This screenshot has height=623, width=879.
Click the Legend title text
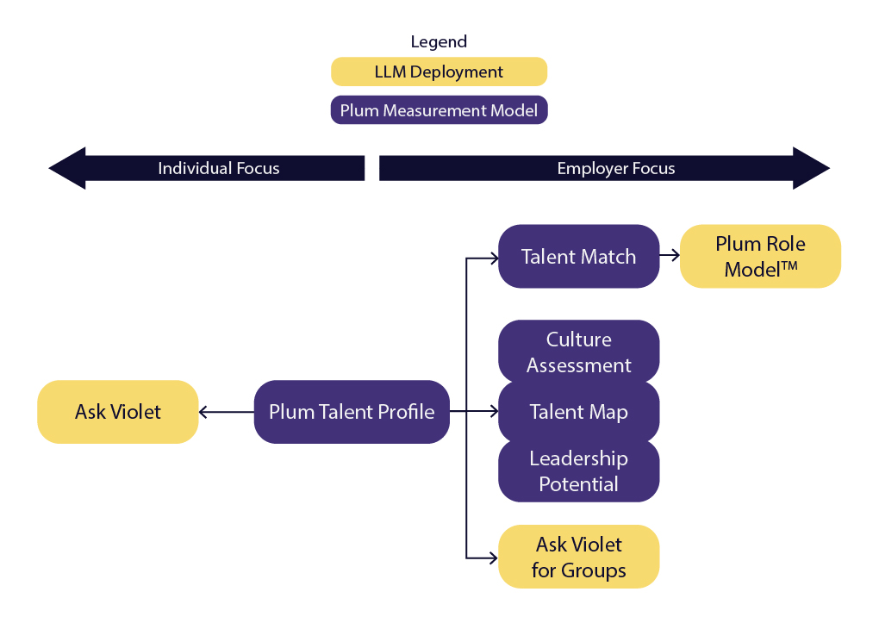[439, 41]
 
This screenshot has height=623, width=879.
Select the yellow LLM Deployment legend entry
[439, 72]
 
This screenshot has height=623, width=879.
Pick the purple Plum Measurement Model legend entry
[439, 110]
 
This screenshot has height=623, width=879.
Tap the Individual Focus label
[218, 168]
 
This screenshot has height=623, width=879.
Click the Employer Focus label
[615, 168]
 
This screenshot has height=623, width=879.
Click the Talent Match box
[578, 257]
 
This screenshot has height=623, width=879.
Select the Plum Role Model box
[760, 257]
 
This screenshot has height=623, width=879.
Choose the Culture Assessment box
[578, 352]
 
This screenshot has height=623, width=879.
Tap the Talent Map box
[578, 412]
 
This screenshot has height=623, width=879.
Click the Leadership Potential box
[578, 471]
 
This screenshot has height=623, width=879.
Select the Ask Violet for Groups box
[578, 557]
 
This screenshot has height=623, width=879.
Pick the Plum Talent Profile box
[352, 412]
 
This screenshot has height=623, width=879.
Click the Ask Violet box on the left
[118, 412]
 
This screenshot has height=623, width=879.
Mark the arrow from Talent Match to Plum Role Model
[670, 257]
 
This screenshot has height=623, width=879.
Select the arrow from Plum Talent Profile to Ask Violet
[227, 412]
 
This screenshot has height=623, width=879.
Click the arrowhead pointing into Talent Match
[495, 257]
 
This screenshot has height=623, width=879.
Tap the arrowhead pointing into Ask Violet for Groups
[495, 557]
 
